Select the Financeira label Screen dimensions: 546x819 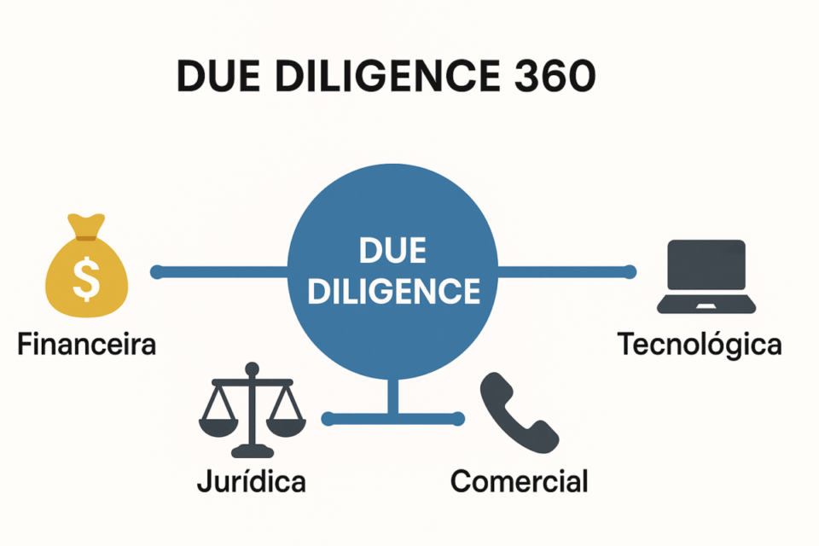[x=86, y=346]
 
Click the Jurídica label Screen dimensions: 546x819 [x=251, y=482]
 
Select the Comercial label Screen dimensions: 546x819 [x=519, y=482]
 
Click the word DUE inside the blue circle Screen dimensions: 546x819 [x=392, y=253]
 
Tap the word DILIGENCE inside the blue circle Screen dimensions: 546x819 [x=392, y=292]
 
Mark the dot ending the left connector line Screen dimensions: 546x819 [x=156, y=272]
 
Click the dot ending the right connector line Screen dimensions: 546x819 [x=630, y=272]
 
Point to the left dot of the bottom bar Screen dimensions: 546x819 [x=327, y=418]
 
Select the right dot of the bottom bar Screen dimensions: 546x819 [x=459, y=418]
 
